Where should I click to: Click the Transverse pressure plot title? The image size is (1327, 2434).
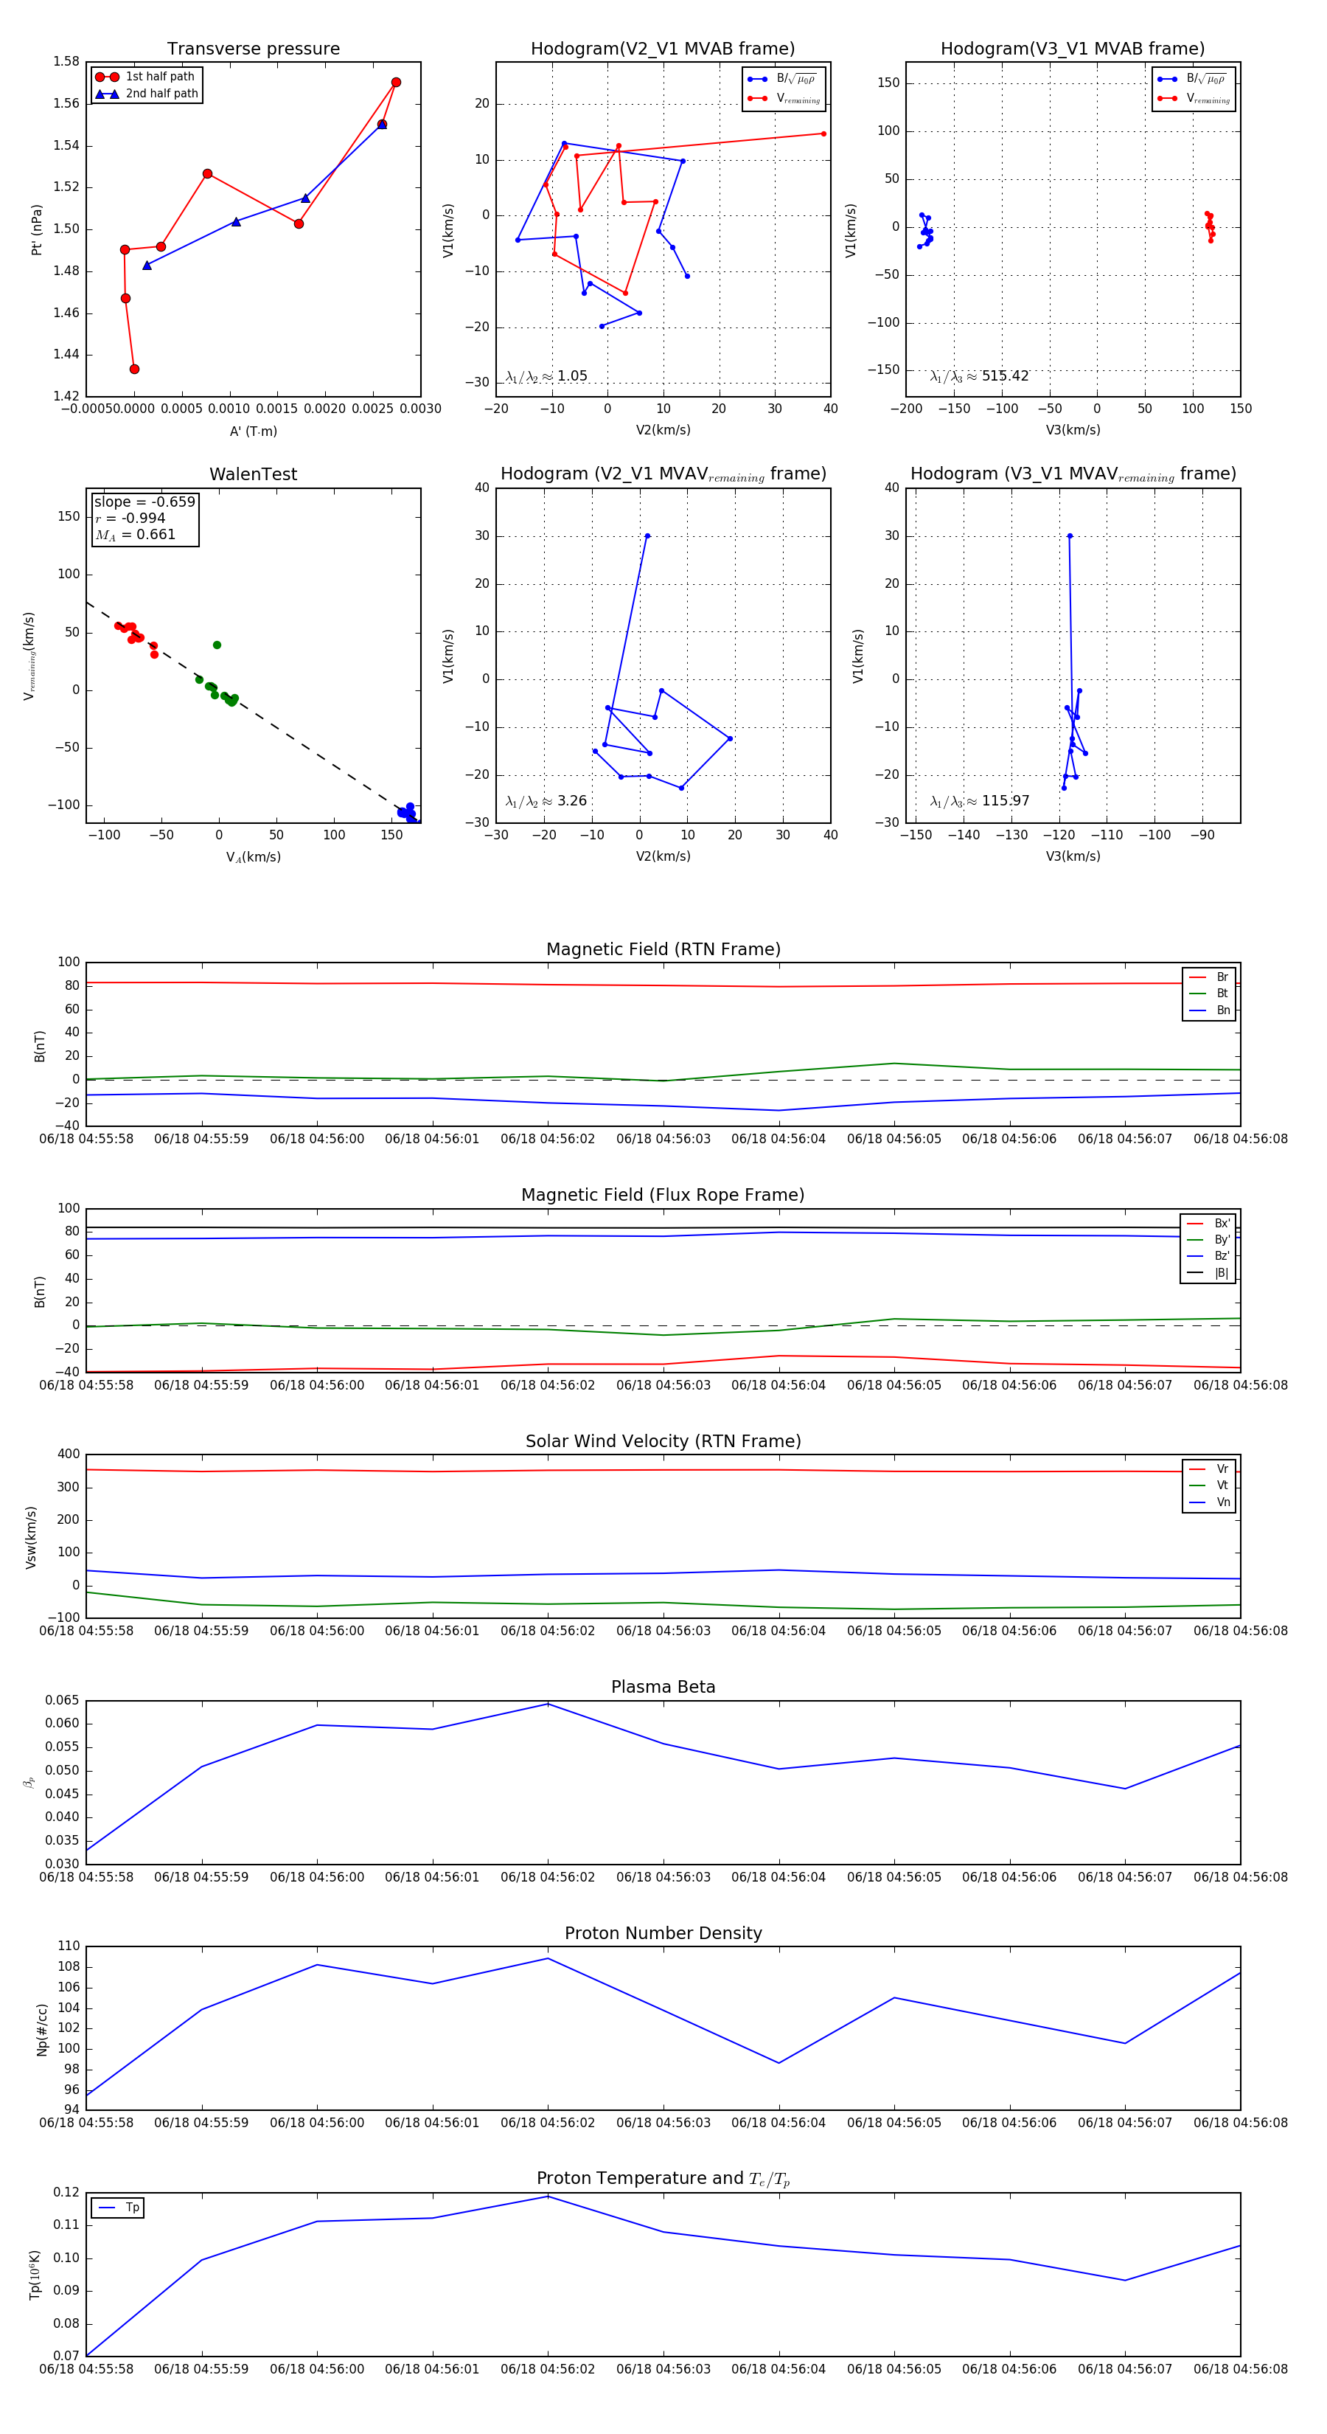coord(253,49)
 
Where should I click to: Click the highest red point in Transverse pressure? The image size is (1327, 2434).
coord(396,82)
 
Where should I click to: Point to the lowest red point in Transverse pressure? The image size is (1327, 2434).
coord(134,370)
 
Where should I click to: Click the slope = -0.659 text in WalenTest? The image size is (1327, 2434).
coord(144,502)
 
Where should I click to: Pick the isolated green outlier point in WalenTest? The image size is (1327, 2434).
coord(217,645)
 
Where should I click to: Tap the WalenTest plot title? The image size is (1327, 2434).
coord(253,474)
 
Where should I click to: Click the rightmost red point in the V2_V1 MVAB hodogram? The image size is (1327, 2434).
coord(823,134)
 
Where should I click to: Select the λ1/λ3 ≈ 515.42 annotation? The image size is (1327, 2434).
coord(980,376)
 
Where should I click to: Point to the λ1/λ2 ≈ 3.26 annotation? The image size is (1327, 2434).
coord(546,801)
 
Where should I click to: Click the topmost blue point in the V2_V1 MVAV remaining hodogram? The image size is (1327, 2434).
coord(647,535)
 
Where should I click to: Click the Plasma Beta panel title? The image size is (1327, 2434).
coord(663,1687)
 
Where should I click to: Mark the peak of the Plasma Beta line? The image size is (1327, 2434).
coord(548,1705)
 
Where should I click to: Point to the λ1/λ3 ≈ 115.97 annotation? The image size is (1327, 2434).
coord(980,801)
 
